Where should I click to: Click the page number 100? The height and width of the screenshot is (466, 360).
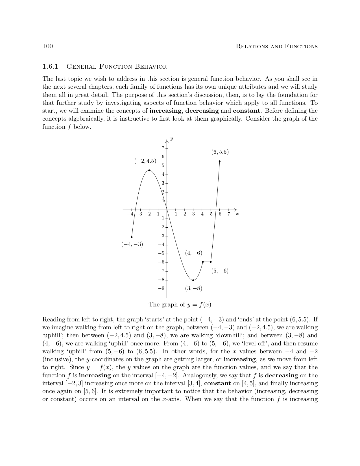[x=47, y=46]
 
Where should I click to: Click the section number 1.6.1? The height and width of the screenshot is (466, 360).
[x=50, y=67]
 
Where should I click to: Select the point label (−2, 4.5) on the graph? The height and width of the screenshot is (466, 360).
[x=145, y=161]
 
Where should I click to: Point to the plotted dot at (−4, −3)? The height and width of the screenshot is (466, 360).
[x=132, y=237]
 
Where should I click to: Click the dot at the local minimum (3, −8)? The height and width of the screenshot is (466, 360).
[x=193, y=280]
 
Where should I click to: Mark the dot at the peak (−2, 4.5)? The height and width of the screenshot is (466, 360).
[x=149, y=170]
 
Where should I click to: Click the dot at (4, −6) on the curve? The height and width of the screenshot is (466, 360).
[x=203, y=262]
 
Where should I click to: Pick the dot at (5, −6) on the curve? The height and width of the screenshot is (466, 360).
[x=211, y=262]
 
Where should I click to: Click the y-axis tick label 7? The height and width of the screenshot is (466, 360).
[x=163, y=148]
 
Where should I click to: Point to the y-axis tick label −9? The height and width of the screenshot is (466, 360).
[x=161, y=288]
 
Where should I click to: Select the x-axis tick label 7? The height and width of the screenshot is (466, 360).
[x=229, y=214]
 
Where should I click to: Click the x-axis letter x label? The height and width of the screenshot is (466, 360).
[x=237, y=214]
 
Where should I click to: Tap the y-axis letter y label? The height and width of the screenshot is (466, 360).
[x=172, y=139]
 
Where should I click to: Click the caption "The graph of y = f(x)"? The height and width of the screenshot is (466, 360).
[x=180, y=304]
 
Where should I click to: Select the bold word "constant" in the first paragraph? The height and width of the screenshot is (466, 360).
[x=246, y=111]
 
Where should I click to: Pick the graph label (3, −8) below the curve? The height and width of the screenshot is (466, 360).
[x=194, y=288]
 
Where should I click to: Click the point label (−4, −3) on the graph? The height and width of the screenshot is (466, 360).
[x=132, y=244]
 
